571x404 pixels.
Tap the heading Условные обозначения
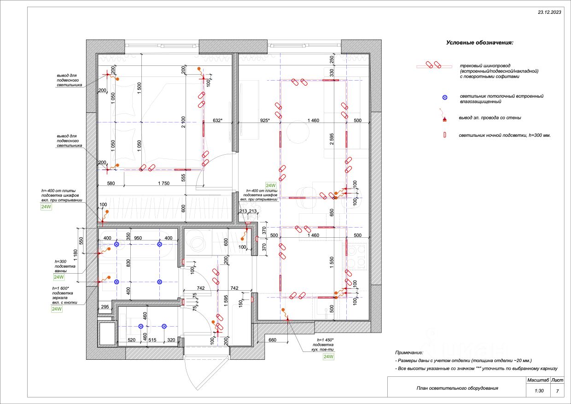tap(479, 43)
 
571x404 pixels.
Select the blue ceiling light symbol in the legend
tap(444, 98)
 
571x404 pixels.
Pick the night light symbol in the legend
tap(444, 135)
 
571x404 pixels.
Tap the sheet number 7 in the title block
tap(557, 391)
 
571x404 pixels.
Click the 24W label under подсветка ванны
tap(58, 277)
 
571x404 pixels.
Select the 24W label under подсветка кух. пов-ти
tap(328, 357)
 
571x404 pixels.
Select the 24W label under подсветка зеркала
tap(56, 309)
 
